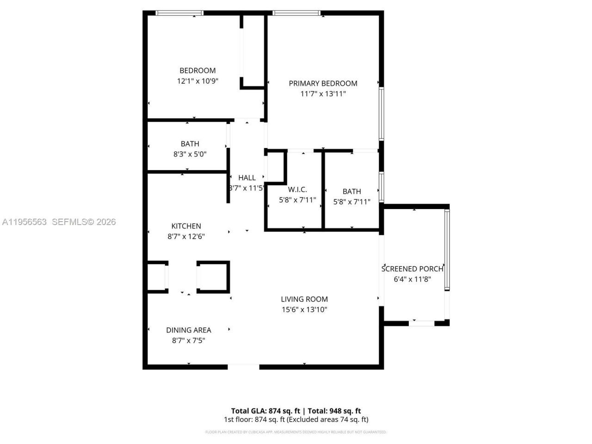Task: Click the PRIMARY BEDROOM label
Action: pos(323,83)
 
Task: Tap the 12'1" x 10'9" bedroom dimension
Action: pos(197,81)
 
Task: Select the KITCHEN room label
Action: pos(186,226)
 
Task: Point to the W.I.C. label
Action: pos(297,190)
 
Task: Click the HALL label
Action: pos(247,178)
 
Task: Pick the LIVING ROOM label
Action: pos(304,299)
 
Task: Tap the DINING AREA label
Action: pos(189,330)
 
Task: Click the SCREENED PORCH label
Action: pos(412,269)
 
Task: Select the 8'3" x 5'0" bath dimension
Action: pos(190,154)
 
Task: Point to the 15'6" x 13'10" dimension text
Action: pos(304,310)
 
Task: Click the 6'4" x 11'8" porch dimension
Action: pos(412,279)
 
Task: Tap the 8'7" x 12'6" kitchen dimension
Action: pos(186,236)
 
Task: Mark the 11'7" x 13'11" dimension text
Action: pos(323,94)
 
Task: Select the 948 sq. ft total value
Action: pos(345,411)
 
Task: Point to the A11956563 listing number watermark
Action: pos(25,222)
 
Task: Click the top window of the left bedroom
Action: pos(179,13)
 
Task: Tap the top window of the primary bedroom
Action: pos(296,13)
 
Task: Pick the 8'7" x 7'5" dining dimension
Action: pos(189,341)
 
